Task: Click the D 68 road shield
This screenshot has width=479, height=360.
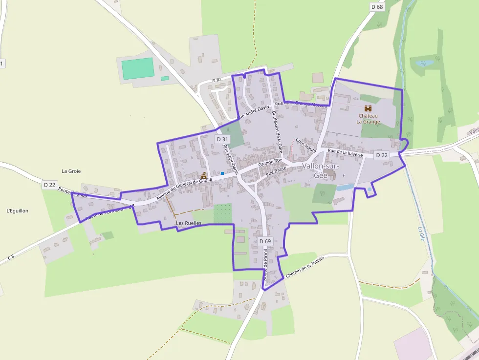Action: (x=377, y=7)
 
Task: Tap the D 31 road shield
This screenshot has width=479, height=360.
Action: (x=222, y=139)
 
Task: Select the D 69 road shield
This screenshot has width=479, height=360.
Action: (x=264, y=241)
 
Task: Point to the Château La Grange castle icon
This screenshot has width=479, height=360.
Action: (x=368, y=108)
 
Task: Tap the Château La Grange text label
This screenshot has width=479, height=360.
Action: (x=368, y=119)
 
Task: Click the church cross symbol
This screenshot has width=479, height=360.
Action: (x=344, y=175)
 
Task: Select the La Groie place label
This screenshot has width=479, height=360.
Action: (x=71, y=171)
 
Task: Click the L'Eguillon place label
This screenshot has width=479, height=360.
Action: (x=18, y=211)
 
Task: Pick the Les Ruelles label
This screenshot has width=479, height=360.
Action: (x=188, y=223)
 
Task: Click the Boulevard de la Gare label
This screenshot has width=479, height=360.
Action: (x=277, y=130)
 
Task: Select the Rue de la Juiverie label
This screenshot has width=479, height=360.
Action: (x=345, y=152)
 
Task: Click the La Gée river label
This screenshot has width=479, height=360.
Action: (x=421, y=234)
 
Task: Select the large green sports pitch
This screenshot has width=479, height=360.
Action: (x=138, y=68)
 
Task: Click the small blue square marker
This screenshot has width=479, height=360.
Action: (x=222, y=173)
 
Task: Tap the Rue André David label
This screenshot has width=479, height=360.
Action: (x=253, y=112)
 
